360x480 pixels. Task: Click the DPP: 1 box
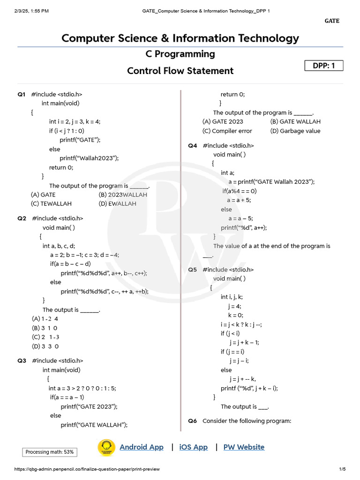coord(324,66)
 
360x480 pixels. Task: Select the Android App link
coord(142,447)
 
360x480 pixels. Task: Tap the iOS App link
coord(193,447)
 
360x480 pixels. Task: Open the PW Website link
coord(244,447)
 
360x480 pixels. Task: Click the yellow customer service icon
coord(106,447)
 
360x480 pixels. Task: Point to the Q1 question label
coord(22,94)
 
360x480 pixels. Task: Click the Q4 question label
coord(193,146)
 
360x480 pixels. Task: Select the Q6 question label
coord(193,421)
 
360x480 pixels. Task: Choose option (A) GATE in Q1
coord(43,195)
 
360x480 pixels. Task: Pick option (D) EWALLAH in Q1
coord(117,204)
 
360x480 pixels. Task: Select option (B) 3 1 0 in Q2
coord(45,328)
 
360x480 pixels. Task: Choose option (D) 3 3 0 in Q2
coord(45,346)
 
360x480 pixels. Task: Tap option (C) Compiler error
coord(227,131)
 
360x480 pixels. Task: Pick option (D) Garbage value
coord(295,131)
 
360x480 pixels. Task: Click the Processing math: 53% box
coord(50,452)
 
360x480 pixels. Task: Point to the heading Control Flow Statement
coord(180,71)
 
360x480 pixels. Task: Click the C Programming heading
coord(180,54)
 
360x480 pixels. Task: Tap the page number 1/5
coord(342,469)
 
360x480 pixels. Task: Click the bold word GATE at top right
coord(332,21)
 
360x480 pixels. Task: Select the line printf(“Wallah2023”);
coord(89,158)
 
